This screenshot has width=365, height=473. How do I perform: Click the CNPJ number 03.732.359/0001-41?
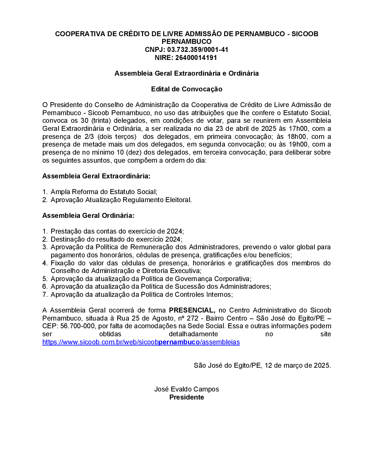tap(197, 50)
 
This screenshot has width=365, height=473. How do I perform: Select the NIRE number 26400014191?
tap(196, 58)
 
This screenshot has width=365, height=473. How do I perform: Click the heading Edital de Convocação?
tap(187, 89)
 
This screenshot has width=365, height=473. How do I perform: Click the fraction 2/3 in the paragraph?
tap(89, 137)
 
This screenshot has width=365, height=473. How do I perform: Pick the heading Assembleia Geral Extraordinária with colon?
tap(96, 176)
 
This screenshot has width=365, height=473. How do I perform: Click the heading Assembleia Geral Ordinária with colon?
tap(88, 216)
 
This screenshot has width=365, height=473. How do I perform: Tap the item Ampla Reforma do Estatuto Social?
tap(104, 192)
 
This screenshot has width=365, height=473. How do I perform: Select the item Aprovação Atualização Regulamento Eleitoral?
tap(121, 200)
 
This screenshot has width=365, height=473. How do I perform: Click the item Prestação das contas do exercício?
tap(117, 231)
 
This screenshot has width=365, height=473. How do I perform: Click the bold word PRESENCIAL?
tap(192, 310)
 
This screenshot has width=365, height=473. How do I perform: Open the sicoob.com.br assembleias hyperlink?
tap(141, 342)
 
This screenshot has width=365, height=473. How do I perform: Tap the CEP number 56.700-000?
tap(77, 326)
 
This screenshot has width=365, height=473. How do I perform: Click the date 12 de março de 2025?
tap(297, 366)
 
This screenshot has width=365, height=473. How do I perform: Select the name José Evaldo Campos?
tap(187, 389)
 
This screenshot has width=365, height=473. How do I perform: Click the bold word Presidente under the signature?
tap(187, 397)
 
